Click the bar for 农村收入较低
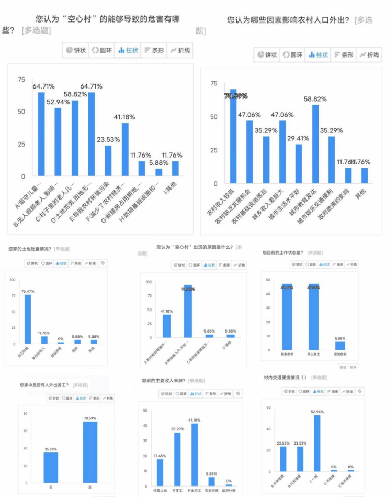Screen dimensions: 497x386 click(x=233, y=137)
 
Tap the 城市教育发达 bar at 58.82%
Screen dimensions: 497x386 click(x=315, y=145)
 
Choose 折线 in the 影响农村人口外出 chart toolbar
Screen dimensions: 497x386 click(x=369, y=54)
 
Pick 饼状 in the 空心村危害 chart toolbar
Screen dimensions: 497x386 click(x=75, y=50)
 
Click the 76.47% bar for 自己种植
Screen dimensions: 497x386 click(x=28, y=319)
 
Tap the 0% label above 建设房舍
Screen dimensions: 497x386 click(x=61, y=339)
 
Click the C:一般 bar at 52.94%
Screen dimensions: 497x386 click(x=317, y=443)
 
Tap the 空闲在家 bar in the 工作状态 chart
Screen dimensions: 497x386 click(x=340, y=345)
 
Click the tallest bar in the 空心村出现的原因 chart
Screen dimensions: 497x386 click(x=188, y=311)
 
